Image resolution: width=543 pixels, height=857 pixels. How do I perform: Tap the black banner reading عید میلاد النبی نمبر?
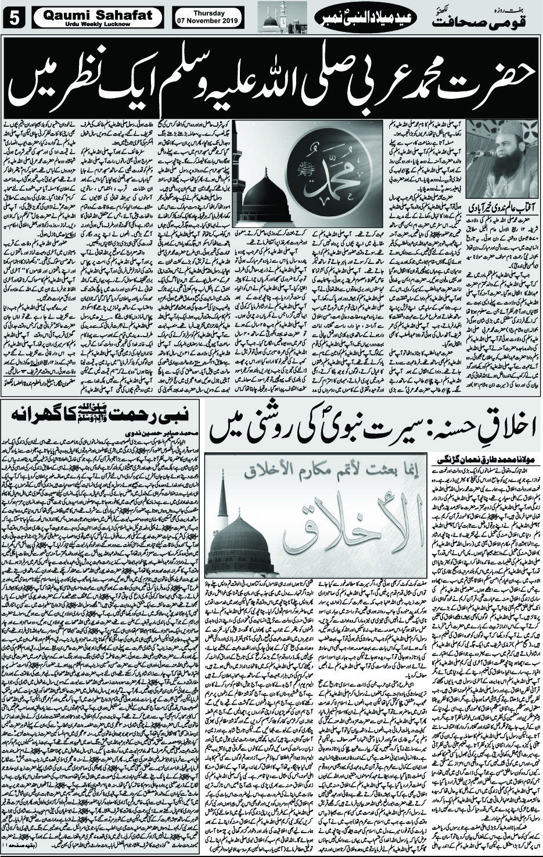355,19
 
